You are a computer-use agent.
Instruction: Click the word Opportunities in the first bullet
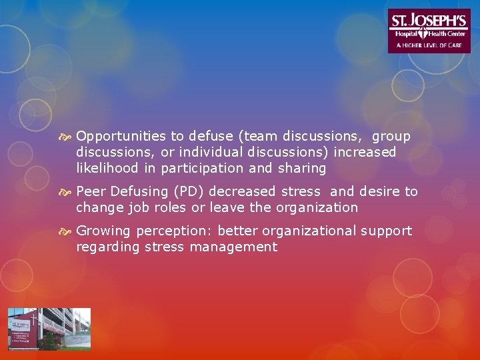121,137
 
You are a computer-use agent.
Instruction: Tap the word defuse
210,137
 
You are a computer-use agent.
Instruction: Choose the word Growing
104,231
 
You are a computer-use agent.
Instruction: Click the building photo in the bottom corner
49,329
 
